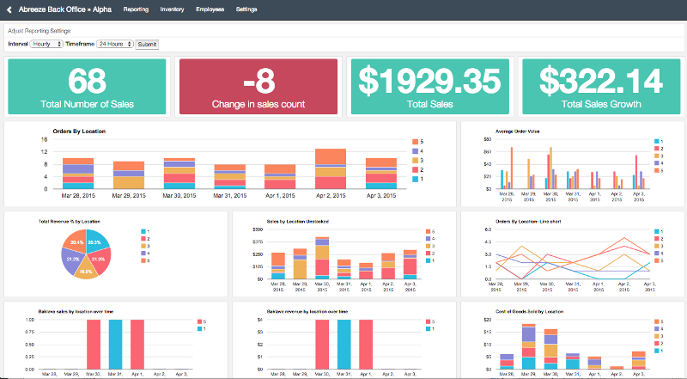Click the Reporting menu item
136,9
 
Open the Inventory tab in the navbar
172,9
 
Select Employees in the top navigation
210,9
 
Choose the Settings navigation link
246,9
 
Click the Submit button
147,43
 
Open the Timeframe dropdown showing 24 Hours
114,43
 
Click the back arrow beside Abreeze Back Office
9,9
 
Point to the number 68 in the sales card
86,81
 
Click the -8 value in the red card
258,81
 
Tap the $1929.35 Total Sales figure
429,81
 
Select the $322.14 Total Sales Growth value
601,81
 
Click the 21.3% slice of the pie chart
97,258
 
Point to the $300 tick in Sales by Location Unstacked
256,229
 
